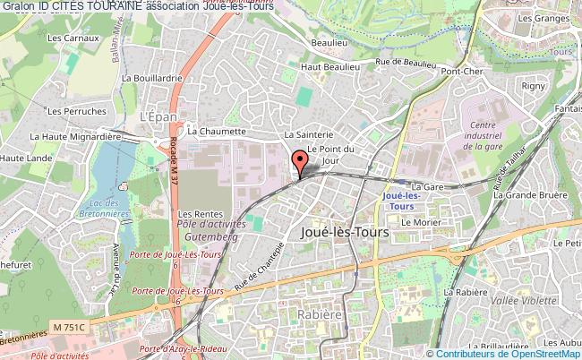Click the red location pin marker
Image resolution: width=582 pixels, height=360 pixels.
[298, 163]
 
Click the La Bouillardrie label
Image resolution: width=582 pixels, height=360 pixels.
[151, 79]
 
